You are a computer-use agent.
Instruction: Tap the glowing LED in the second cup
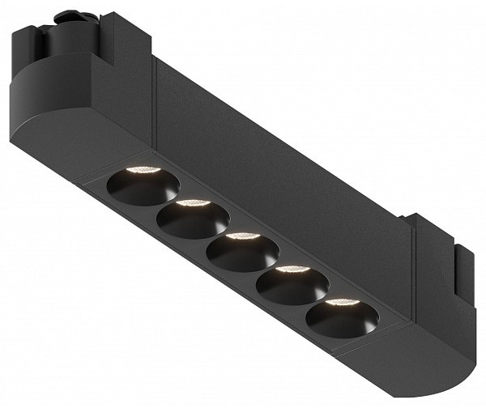[x=191, y=202]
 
